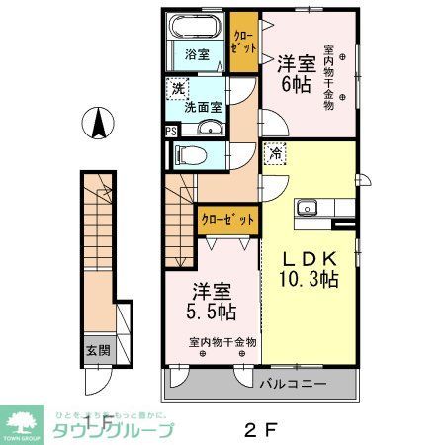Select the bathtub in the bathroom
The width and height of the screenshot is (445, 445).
[x=195, y=28]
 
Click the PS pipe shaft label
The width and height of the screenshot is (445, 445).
[x=171, y=130]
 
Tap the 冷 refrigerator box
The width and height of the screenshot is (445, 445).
[x=273, y=154]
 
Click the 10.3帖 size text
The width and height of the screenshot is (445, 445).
[x=309, y=280]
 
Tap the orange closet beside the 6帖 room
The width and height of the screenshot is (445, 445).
[x=243, y=41]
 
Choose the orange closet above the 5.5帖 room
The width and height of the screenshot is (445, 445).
[x=229, y=220]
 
